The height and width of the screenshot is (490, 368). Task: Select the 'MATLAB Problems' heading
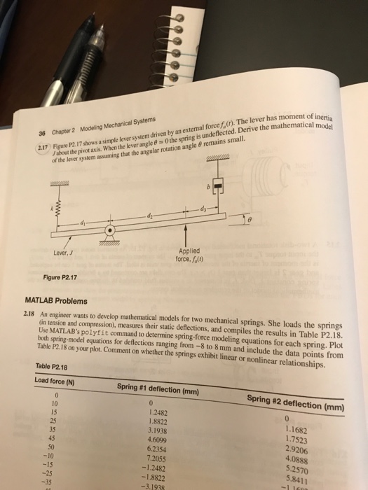tap(57, 302)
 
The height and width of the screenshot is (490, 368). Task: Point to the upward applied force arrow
tap(185, 237)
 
